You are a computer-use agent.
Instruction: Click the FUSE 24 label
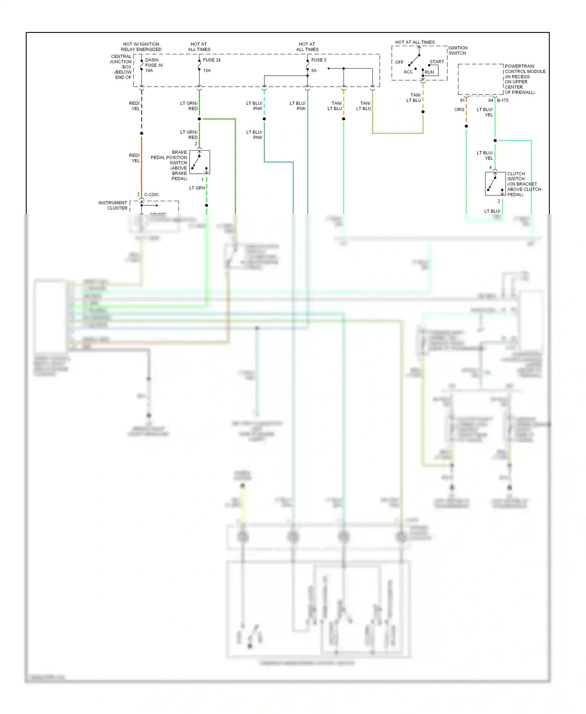coord(211,60)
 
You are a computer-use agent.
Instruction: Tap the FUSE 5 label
coord(318,60)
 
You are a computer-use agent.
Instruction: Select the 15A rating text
coord(207,71)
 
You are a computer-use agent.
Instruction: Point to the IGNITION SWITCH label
coord(457,50)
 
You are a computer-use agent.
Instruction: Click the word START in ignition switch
coord(436,62)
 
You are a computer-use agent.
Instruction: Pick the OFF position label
coord(399,62)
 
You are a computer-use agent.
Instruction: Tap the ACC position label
coord(408,72)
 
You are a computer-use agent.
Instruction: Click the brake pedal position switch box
coord(200,162)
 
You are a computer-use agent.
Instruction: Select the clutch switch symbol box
coord(495,184)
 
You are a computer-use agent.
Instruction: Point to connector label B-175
coord(502,100)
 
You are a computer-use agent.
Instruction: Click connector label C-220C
coord(151,195)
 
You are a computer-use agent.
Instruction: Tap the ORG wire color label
coord(459,110)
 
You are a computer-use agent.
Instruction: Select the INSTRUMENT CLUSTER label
coord(113,205)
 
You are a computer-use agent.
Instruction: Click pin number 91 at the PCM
coord(462,100)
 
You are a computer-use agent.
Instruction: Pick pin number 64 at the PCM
coord(490,100)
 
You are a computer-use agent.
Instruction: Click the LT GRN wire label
coord(197,188)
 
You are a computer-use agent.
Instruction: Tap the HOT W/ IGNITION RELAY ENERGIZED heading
coord(141,47)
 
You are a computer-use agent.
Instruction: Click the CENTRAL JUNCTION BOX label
coord(121,67)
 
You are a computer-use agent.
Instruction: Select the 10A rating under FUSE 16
coord(149,71)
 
